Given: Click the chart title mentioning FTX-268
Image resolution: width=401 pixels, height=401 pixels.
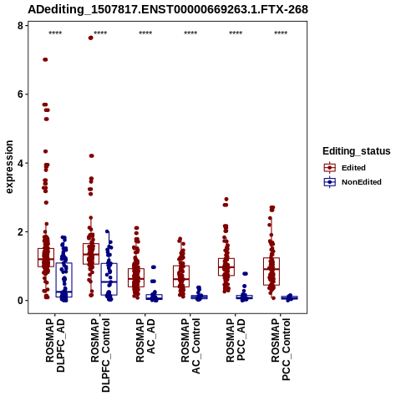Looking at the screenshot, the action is [168, 9].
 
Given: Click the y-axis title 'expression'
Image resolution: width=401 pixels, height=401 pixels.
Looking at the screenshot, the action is [9, 167].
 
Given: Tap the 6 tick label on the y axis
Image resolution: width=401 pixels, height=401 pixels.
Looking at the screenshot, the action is [20, 94].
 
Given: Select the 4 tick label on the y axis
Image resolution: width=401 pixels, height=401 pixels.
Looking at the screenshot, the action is [20, 163].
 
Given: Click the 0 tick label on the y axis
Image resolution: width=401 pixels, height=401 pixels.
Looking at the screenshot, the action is [20, 301].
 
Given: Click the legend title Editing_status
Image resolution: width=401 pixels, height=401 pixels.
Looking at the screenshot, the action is [357, 151].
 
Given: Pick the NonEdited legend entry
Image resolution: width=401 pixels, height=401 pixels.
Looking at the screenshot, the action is [353, 182].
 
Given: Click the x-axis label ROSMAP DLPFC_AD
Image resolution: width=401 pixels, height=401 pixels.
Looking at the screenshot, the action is [55, 345].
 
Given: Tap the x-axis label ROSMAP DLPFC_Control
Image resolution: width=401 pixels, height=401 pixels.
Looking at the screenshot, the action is [100, 355].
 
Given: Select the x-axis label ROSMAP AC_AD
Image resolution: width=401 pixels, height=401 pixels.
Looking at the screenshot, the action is [145, 340].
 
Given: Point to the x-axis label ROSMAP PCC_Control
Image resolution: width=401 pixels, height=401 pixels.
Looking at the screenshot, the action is [281, 349].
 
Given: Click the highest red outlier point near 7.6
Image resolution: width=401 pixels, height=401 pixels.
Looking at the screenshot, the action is [91, 38].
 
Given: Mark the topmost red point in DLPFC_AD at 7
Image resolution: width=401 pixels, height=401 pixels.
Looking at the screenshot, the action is [45, 59].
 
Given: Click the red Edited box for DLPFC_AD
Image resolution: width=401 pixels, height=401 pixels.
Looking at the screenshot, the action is [46, 257].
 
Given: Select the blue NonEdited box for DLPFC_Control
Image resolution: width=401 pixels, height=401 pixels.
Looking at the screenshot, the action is [109, 279].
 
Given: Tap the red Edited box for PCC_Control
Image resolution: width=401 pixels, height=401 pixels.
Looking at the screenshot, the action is [272, 272].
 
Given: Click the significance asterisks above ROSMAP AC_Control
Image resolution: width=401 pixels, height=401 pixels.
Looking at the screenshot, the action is [190, 33].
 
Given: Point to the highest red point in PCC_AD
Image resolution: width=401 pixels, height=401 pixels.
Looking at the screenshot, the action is [226, 199].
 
